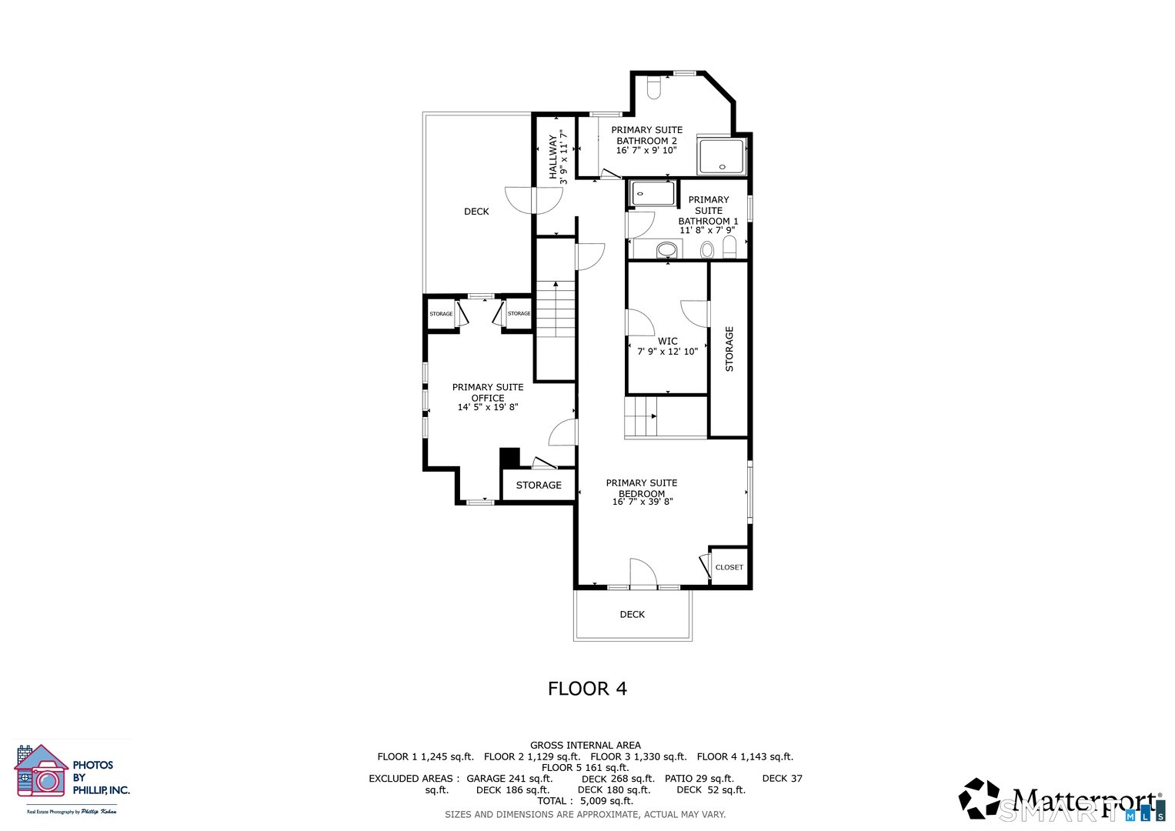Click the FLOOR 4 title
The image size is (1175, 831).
click(x=587, y=689)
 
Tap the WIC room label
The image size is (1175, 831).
click(x=667, y=341)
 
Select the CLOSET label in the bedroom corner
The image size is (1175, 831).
click(x=729, y=567)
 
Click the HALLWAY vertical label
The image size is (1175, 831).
click(x=552, y=157)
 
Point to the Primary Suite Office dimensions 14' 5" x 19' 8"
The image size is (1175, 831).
click(x=488, y=407)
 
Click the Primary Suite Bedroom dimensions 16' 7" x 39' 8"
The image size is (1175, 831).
click(x=643, y=502)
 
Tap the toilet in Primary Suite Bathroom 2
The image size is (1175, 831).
click(x=654, y=89)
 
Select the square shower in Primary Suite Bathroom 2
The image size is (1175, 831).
click(x=721, y=157)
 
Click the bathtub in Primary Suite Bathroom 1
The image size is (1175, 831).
click(x=653, y=193)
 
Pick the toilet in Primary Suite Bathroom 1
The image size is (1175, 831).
click(x=729, y=248)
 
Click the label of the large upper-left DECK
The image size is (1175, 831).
click(x=476, y=212)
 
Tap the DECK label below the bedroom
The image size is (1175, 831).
click(x=632, y=614)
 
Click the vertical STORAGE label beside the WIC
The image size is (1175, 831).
click(x=729, y=349)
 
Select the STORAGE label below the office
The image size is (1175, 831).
click(x=539, y=485)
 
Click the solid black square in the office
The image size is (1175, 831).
click(x=509, y=458)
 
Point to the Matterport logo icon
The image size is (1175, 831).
click(x=979, y=798)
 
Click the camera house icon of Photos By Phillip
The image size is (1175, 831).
click(x=41, y=773)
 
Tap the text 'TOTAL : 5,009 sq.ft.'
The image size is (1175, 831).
click(x=585, y=801)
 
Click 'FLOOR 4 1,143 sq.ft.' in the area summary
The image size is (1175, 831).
click(x=744, y=756)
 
